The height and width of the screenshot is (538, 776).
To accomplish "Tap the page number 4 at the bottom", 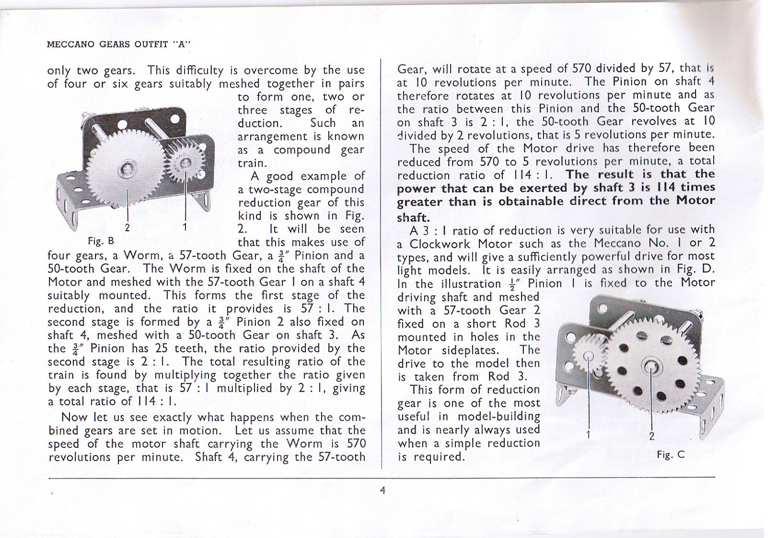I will pos(382,490).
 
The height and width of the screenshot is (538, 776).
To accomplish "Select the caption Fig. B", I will pos(101,240).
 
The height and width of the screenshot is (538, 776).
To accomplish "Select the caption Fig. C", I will pos(671,454).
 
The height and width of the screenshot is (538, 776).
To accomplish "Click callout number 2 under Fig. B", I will pos(127,228).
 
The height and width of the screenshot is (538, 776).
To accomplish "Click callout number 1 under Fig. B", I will pos(185,227).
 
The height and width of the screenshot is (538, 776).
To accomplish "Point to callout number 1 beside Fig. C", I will pos(589,434).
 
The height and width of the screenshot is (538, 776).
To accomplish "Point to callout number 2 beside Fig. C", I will pos(651,436).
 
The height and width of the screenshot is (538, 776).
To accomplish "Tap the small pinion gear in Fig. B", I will pos(185,162).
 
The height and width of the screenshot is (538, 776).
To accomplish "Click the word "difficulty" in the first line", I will pos(200,70).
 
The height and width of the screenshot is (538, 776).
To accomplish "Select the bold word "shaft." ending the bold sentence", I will pos(413,217).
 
